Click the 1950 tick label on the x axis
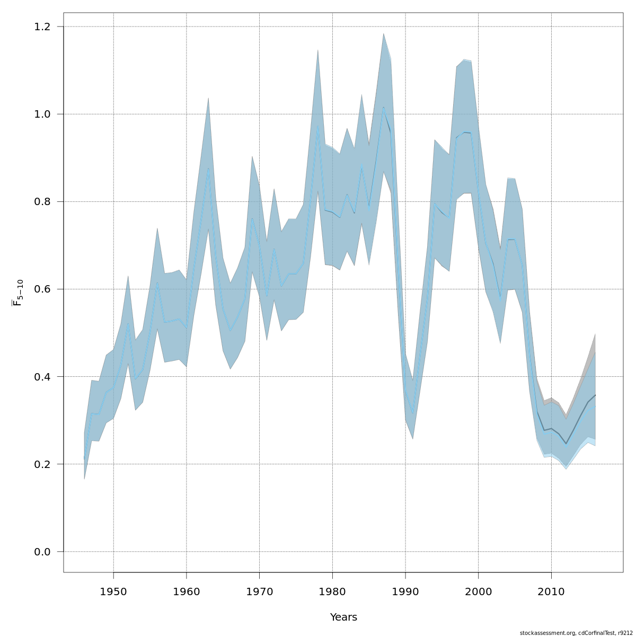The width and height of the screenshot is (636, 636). tap(113, 591)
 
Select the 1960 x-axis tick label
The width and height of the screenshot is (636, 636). tap(187, 591)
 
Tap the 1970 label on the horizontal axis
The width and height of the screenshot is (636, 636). tap(260, 591)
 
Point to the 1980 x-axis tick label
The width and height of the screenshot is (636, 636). tap(332, 591)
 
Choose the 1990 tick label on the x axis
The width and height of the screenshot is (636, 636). tap(405, 591)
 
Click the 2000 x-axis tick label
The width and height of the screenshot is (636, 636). tap(478, 591)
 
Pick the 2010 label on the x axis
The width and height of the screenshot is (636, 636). tap(551, 591)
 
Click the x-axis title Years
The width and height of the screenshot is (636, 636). tap(343, 617)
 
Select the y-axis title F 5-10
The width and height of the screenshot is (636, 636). tap(17, 293)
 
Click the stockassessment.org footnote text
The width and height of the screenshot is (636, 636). tap(576, 633)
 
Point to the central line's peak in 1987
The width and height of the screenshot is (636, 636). tap(383, 107)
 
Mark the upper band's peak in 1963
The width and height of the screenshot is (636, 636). tap(208, 98)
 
